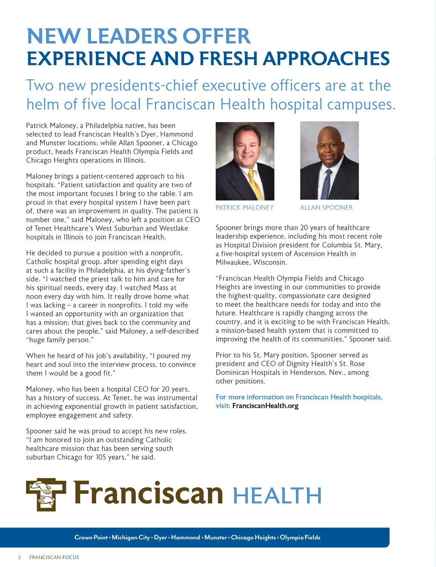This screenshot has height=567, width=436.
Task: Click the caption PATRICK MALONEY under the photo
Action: click(x=244, y=208)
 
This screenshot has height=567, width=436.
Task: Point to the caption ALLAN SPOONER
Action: click(x=326, y=208)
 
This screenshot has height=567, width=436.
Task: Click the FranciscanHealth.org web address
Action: click(x=265, y=406)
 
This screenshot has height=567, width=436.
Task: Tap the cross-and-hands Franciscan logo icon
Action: click(x=46, y=495)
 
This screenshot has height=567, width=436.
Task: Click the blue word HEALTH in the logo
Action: click(x=277, y=496)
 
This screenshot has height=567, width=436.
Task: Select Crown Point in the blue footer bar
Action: click(x=91, y=538)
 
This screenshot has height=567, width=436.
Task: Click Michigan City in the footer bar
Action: click(x=131, y=538)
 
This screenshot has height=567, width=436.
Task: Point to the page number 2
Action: click(x=19, y=557)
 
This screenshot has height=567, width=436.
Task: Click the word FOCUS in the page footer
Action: click(x=71, y=557)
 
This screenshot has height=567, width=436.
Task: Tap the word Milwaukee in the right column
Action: click(x=233, y=263)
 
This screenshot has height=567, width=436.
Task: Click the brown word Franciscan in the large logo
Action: click(x=148, y=494)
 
